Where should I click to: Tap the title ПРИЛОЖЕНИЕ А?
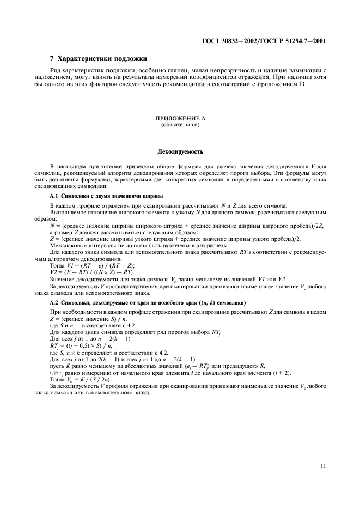point(180,120)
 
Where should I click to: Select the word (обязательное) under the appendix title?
point(180,126)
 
